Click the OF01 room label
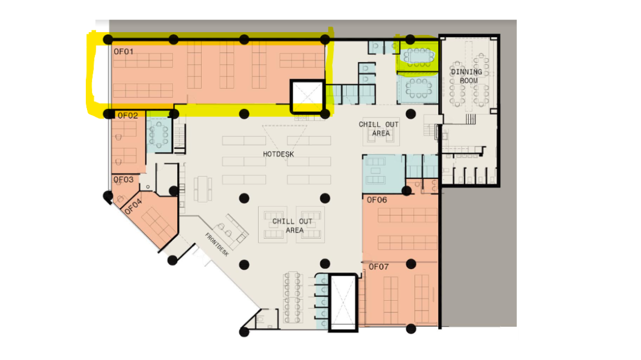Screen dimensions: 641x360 pos(124,52)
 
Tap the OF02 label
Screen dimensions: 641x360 pos(127,116)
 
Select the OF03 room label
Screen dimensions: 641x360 pos(124,180)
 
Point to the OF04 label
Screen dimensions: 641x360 pos(134,207)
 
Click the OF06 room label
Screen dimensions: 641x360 pos(377,200)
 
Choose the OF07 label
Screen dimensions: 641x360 pos(378,267)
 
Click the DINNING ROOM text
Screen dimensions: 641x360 pos(467,76)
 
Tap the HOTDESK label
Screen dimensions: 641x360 pos(278,154)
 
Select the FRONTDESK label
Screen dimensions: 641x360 pos(217,244)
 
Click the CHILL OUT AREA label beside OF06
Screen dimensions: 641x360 pos(293,225)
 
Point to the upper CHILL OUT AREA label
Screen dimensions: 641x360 pos(379,128)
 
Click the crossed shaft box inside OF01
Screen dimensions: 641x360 pos(307,96)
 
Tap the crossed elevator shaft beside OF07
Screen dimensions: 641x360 pos(343,302)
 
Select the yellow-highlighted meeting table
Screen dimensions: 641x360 pos(417,57)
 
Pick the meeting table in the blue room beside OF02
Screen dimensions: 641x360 pos(159,133)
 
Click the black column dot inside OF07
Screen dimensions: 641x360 pos(411,264)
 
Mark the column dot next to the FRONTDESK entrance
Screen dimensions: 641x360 pos(172,260)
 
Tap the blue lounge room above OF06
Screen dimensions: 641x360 pos(383,174)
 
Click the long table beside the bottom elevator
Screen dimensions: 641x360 pos(293,297)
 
